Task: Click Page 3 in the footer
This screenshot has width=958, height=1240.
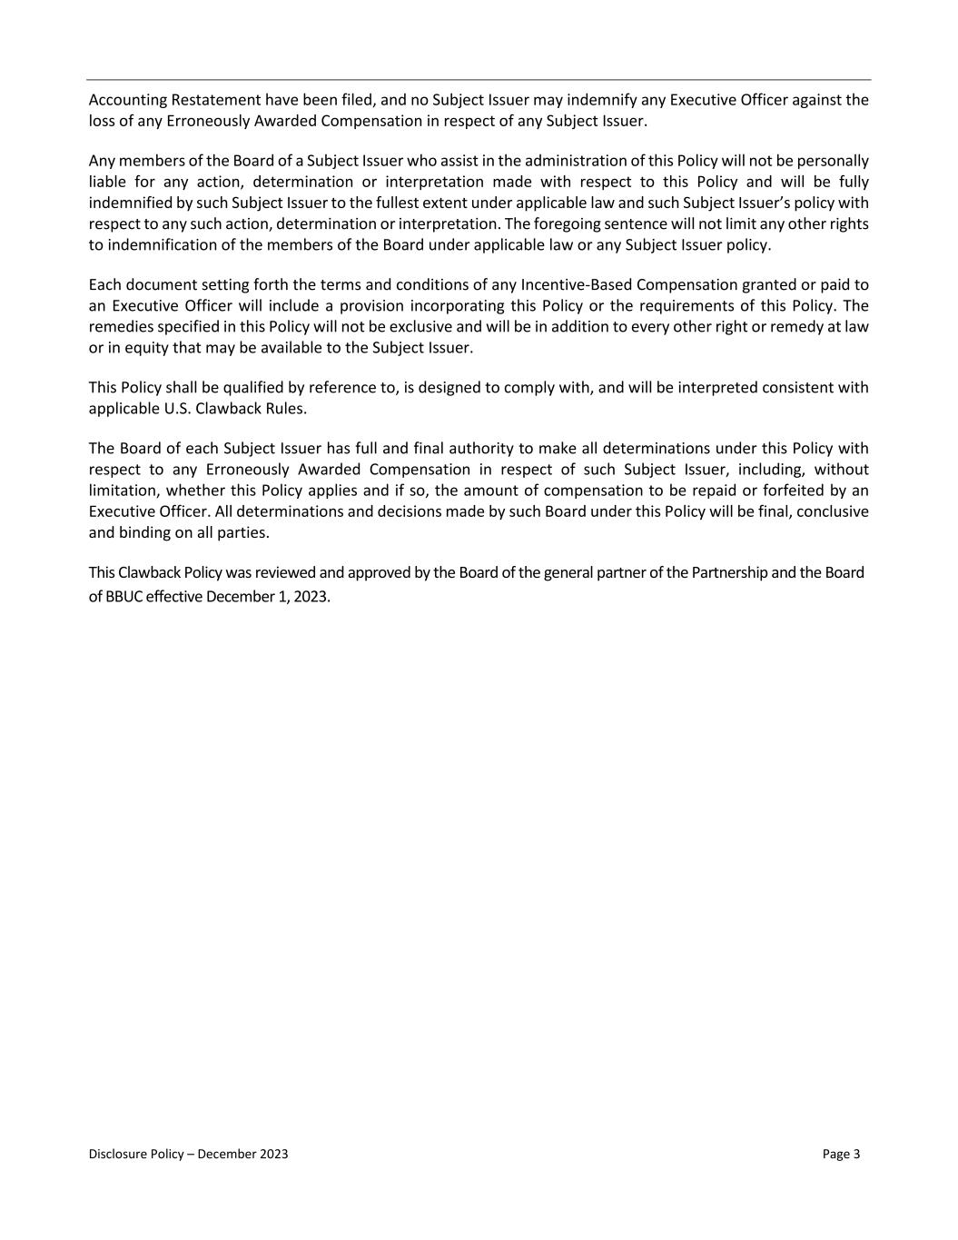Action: click(x=841, y=1155)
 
